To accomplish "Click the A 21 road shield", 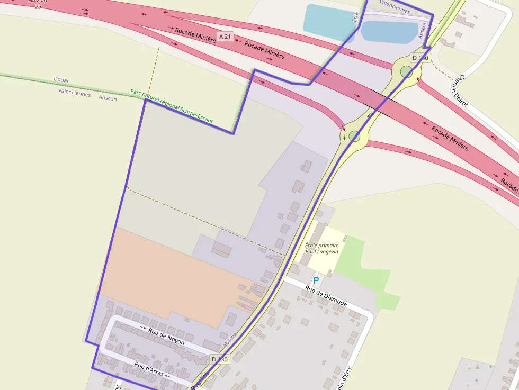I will pos(225,37).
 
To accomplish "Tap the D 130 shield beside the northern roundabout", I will pos(420,58).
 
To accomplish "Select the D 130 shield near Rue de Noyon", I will pos(219,359).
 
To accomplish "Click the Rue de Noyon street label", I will pos(167,337).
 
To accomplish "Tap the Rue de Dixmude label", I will pos(326,295).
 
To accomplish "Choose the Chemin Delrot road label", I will pos(461,90).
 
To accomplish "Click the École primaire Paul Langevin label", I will pos(322,249).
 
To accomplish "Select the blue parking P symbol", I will pos(316,280).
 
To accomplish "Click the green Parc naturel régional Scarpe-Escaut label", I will pos(172,106).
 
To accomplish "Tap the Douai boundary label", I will pos(61,79).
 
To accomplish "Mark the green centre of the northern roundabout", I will pos(406,71).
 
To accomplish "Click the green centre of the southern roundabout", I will pos(355,137).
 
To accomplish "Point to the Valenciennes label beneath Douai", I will pos(74,91).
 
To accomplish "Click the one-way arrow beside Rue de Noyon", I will pos(144,328).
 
